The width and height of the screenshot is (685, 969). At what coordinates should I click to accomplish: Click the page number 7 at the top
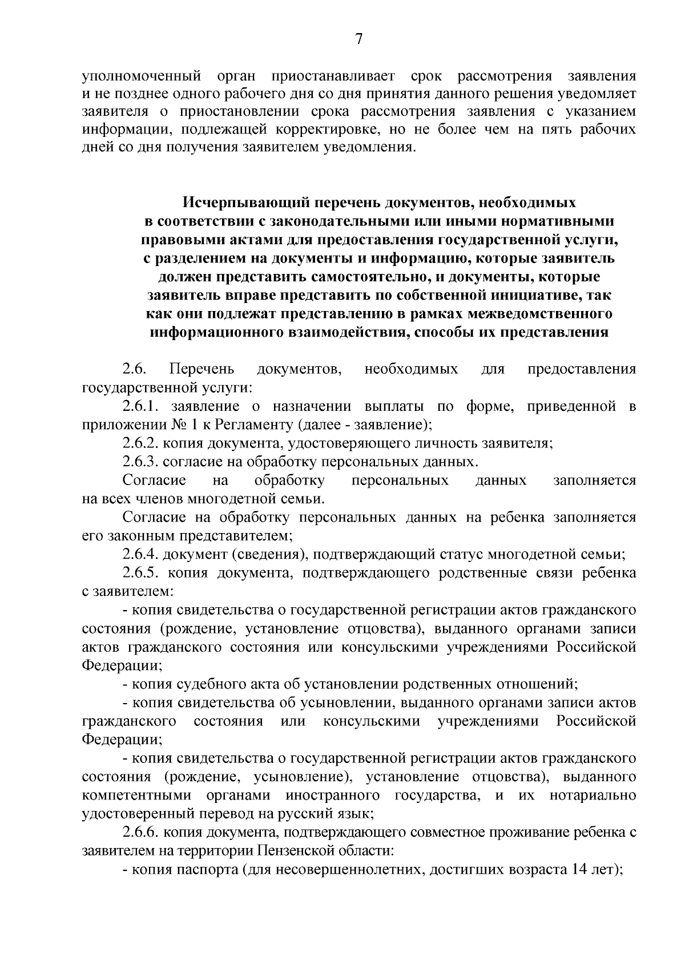click(x=358, y=39)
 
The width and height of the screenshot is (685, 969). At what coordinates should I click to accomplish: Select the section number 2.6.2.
click(x=140, y=443)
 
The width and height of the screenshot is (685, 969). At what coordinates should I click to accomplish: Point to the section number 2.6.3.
click(x=140, y=462)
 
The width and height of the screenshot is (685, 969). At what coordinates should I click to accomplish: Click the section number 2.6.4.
click(x=140, y=554)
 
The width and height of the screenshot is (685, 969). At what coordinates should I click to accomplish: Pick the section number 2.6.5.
click(x=140, y=572)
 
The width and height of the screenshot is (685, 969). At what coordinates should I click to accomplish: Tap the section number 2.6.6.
click(x=140, y=832)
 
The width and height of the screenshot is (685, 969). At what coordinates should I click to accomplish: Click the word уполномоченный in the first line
click(x=142, y=75)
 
